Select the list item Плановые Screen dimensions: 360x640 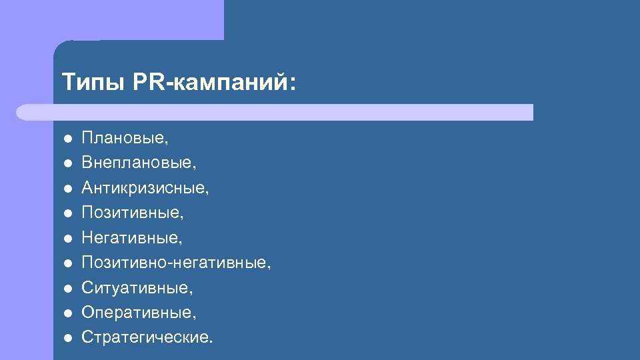coord(124,138)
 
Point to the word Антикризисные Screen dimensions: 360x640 coord(145,188)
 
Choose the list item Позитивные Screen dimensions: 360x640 coord(132,213)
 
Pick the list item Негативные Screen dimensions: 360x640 coord(131,237)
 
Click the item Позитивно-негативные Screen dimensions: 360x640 coord(176,263)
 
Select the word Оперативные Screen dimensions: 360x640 coord(139,312)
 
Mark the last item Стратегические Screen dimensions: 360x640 coord(147,337)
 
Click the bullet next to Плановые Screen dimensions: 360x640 coord(67,139)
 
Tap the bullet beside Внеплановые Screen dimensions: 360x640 coord(67,163)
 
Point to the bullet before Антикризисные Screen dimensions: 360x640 coord(67,189)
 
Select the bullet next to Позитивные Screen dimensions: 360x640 coord(67,213)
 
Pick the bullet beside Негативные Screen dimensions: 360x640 coord(67,238)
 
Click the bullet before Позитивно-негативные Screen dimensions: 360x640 coord(67,263)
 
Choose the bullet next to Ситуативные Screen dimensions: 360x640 coord(67,288)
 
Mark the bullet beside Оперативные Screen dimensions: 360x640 coord(67,313)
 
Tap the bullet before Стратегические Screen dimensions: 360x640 coord(67,338)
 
